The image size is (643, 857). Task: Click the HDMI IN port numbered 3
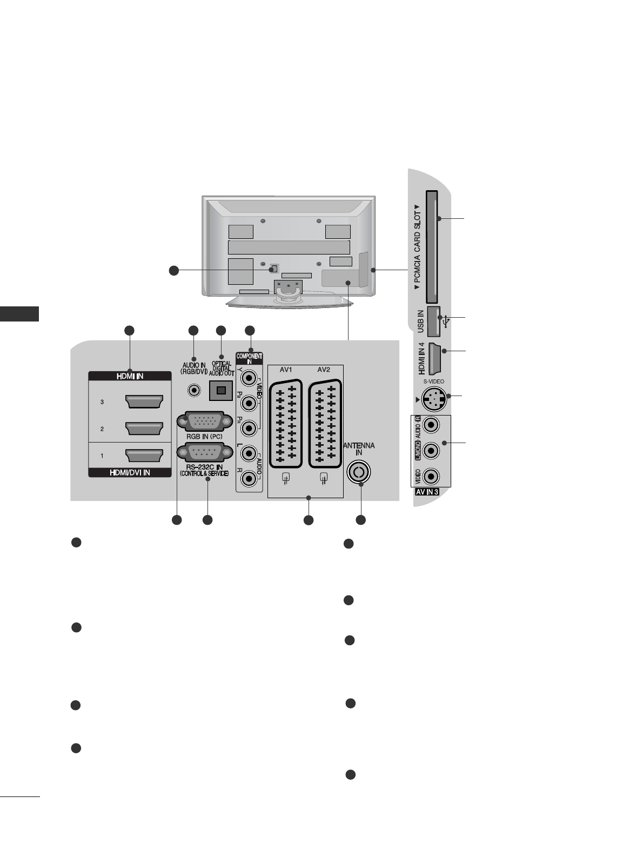pyautogui.click(x=144, y=402)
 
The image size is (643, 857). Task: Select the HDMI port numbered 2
pyautogui.click(x=144, y=428)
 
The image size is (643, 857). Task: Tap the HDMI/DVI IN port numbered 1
pyautogui.click(x=144, y=456)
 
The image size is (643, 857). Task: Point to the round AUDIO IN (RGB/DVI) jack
pyautogui.click(x=193, y=389)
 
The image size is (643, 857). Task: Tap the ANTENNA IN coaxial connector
pyautogui.click(x=359, y=472)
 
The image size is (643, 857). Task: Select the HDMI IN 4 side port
pyautogui.click(x=436, y=358)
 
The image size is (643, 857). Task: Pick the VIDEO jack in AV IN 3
pyautogui.click(x=431, y=476)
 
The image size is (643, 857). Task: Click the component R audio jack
pyautogui.click(x=249, y=478)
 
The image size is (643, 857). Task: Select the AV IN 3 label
pyautogui.click(x=427, y=492)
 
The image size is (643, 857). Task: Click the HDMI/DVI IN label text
pyautogui.click(x=130, y=472)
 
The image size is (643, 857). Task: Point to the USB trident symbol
pyautogui.click(x=445, y=322)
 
